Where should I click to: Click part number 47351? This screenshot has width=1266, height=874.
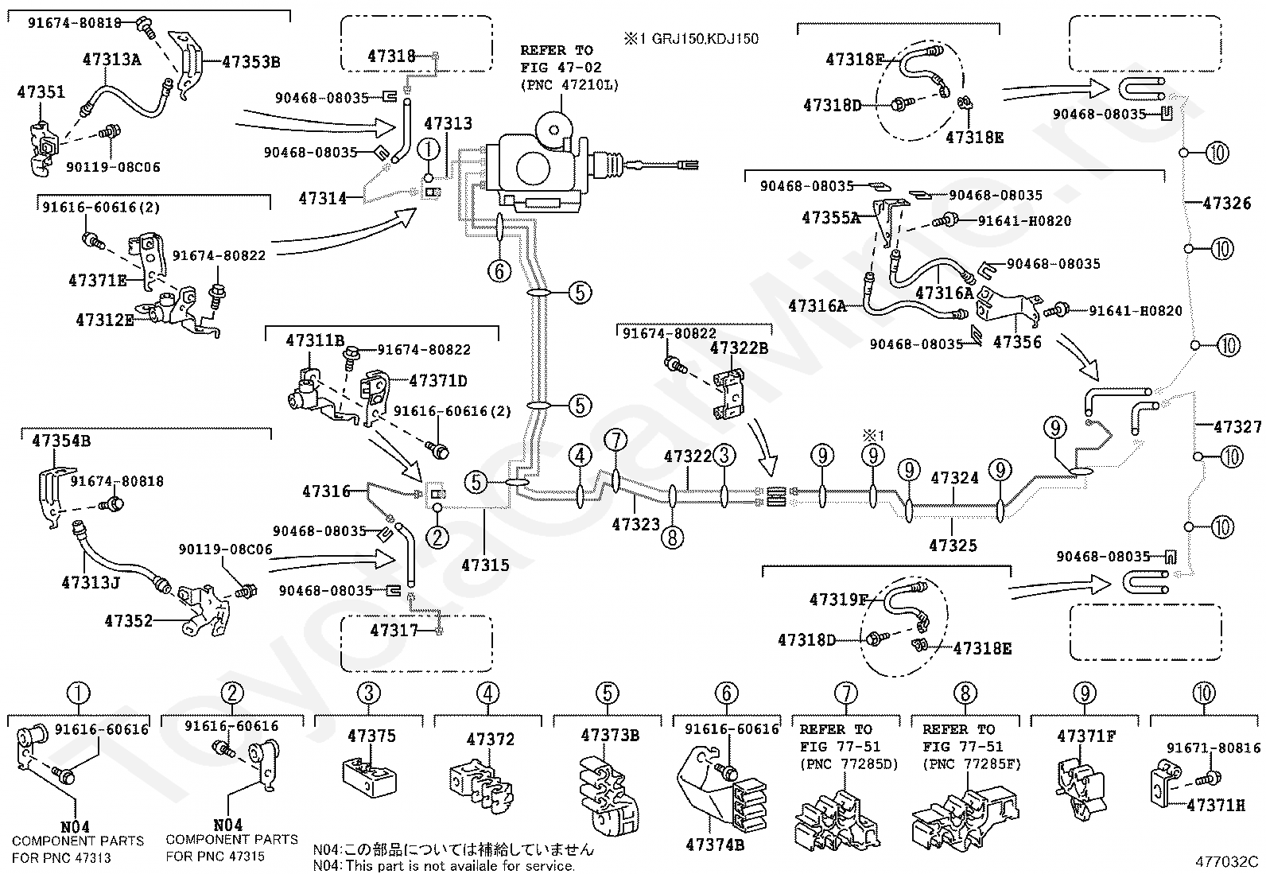[x=41, y=92]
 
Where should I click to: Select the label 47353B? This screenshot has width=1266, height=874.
[x=251, y=62]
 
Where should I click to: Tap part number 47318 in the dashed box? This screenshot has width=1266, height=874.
[x=391, y=56]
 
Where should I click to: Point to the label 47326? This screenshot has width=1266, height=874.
[x=1226, y=204]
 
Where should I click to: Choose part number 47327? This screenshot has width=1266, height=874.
[x=1237, y=427]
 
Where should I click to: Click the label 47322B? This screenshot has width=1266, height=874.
[x=739, y=348]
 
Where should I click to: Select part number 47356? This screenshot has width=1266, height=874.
[x=1017, y=342]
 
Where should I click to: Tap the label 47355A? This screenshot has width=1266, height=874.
[x=831, y=218]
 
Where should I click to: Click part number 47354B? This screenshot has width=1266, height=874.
[x=61, y=441]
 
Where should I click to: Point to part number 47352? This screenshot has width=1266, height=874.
[x=128, y=621]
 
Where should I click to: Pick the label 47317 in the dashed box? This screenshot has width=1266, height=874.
[x=394, y=630]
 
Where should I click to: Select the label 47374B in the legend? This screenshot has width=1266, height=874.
[x=714, y=845]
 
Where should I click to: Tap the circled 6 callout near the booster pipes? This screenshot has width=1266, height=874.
[x=499, y=271]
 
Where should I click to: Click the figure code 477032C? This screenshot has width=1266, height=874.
[x=1226, y=861]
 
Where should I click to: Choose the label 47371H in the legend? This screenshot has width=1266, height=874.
[x=1216, y=805]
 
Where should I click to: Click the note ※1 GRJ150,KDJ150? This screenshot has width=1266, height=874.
[x=690, y=39]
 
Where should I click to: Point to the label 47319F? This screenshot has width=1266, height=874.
[x=838, y=600]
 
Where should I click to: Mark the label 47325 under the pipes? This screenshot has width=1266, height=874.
[x=953, y=546]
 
